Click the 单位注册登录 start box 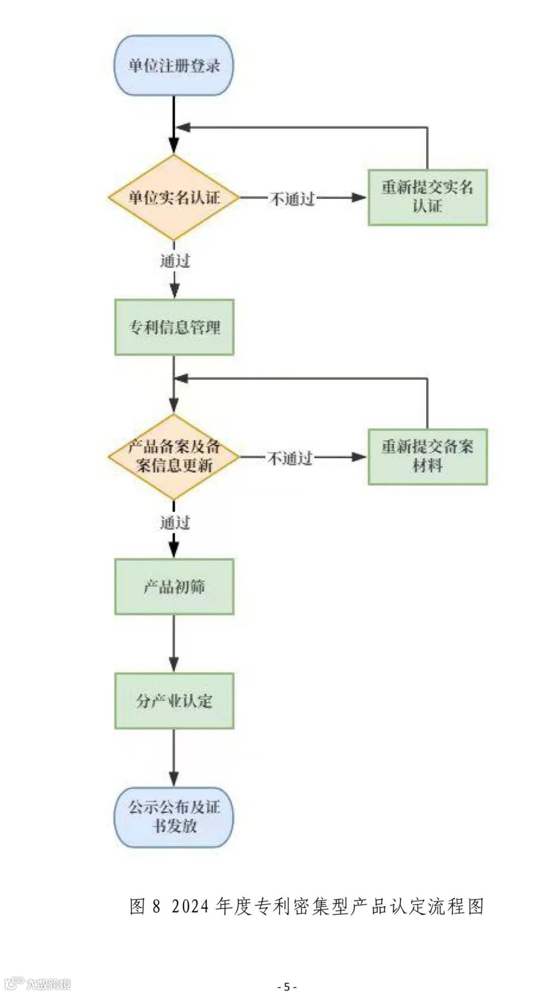click(174, 65)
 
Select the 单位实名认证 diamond click(174, 197)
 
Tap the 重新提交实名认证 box click(427, 197)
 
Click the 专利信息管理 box click(174, 327)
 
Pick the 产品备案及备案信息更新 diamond click(174, 457)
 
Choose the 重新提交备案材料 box click(427, 457)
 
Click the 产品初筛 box click(174, 587)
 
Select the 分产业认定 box click(174, 701)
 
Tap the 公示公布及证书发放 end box click(174, 817)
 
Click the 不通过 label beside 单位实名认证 click(292, 198)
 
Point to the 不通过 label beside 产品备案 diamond click(290, 458)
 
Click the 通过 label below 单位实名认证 click(175, 261)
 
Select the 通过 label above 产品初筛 click(175, 523)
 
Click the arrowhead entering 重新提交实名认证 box click(360, 197)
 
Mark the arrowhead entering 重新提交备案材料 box click(360, 457)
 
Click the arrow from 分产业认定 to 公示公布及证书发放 click(174, 758)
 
